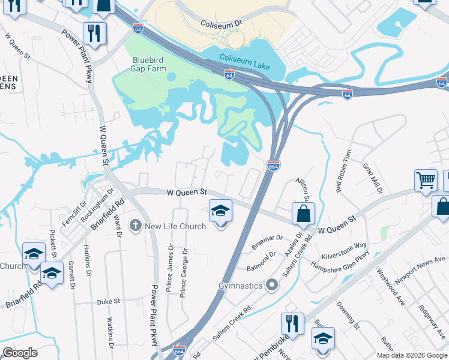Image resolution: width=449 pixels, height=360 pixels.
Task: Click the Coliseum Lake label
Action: [x=245, y=58]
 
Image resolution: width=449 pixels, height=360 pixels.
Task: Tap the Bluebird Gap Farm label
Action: [x=153, y=64]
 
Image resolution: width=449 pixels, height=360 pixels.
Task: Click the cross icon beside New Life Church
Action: [x=136, y=226]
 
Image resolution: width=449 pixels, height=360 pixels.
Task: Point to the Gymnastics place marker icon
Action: [x=273, y=285]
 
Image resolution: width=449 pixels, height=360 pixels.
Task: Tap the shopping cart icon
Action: [x=426, y=179]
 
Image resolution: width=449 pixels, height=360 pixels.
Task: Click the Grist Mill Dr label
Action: [x=372, y=179]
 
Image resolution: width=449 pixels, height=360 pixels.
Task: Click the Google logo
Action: [x=20, y=353]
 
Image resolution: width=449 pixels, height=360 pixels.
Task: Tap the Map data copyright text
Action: [x=412, y=355]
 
